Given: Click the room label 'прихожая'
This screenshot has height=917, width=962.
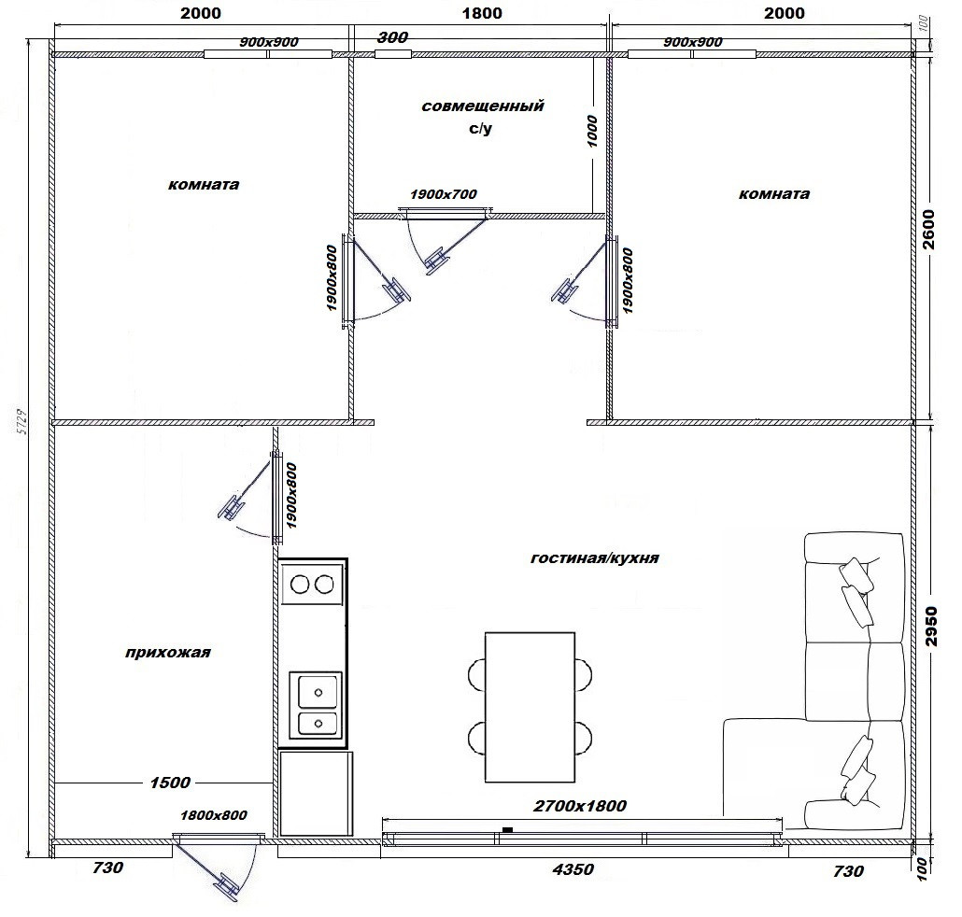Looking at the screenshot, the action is (167, 652).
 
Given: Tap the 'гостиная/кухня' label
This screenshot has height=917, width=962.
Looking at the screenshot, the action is (595, 558).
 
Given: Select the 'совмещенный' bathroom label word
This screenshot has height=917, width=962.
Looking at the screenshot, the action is (483, 106).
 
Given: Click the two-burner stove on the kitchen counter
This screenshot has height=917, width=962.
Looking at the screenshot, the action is (312, 585).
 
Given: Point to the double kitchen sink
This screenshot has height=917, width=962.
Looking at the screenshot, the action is (316, 705).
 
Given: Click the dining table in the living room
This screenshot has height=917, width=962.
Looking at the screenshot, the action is (531, 707).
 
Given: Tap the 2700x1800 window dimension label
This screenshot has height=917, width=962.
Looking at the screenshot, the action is (580, 805).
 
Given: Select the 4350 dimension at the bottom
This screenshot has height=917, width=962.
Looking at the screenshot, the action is (573, 869).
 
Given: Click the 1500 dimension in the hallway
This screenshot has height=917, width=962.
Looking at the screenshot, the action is (170, 782).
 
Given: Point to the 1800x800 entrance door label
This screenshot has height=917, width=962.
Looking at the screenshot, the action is (214, 815).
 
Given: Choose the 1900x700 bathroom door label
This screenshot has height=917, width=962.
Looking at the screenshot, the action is (444, 194).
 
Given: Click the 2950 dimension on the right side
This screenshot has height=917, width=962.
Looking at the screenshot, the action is (931, 627).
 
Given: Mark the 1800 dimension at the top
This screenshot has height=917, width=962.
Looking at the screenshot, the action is (482, 13).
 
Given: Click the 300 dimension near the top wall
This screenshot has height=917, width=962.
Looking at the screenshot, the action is (392, 37).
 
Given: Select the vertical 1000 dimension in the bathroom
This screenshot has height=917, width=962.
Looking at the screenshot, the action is (592, 132).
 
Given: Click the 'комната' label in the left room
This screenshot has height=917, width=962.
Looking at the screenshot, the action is (204, 185).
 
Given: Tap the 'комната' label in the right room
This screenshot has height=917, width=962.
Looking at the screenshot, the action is (774, 194).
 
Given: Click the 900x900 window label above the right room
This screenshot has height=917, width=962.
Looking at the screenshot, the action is (693, 42).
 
